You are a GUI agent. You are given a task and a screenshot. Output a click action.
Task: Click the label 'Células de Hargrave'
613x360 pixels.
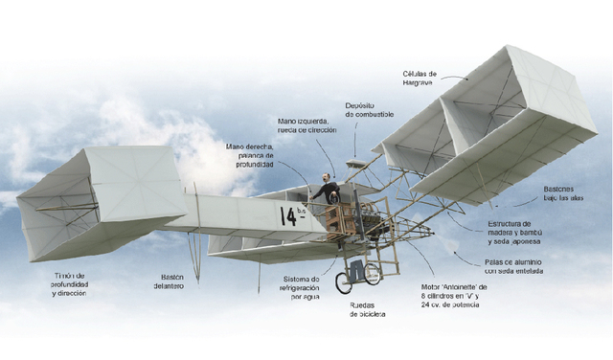(x=420, y=78)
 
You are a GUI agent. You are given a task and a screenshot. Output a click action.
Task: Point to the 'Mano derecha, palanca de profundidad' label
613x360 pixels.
(x=250, y=155)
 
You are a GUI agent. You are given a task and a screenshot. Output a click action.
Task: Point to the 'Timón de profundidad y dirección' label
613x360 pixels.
(x=70, y=283)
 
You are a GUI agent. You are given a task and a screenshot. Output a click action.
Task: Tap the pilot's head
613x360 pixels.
(x=328, y=177)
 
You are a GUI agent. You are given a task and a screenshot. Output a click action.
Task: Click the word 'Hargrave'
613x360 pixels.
(x=421, y=82)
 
